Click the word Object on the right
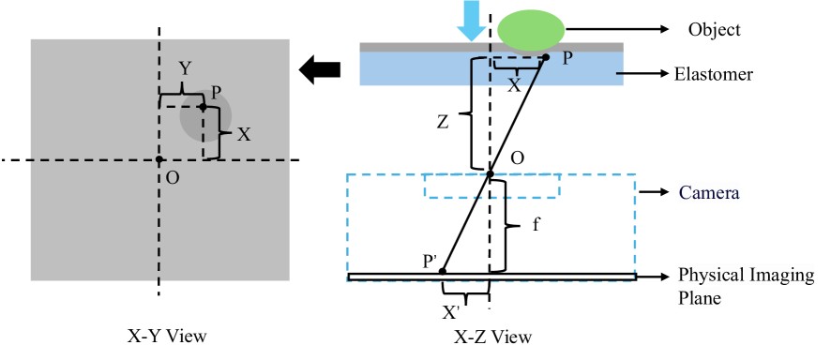(x=715, y=30)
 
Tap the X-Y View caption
(x=166, y=336)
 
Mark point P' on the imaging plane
(x=443, y=271)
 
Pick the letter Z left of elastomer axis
(x=444, y=121)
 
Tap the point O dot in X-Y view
(x=159, y=160)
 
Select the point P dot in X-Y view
(x=203, y=107)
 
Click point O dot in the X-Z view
(x=490, y=172)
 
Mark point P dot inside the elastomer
(x=546, y=57)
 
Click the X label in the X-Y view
(x=244, y=134)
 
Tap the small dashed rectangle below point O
(x=492, y=186)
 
